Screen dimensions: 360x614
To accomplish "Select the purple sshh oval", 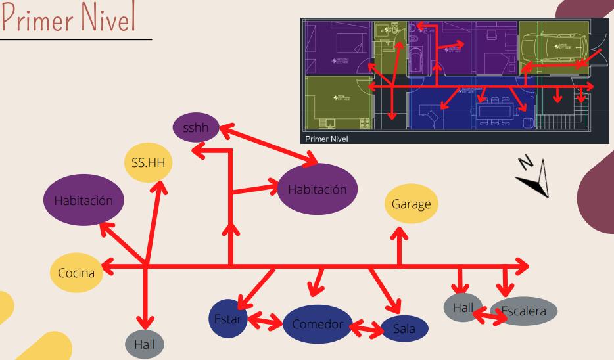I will pyautogui.click(x=195, y=127).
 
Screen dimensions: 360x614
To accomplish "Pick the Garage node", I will pyautogui.click(x=408, y=204).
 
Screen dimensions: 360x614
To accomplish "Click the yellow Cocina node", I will pyautogui.click(x=76, y=272).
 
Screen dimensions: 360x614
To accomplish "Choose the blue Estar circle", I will pyautogui.click(x=228, y=319).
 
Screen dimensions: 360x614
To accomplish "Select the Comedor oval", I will pyautogui.click(x=318, y=324).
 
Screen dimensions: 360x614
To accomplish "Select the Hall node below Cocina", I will pyautogui.click(x=145, y=343).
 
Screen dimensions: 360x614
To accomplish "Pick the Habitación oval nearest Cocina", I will pyautogui.click(x=83, y=201).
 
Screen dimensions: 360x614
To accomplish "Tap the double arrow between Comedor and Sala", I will pyautogui.click(x=366, y=327).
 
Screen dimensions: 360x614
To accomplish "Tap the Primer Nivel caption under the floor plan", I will pyautogui.click(x=327, y=139).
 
